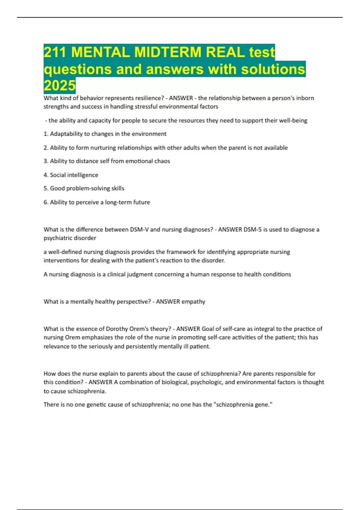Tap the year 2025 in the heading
coord(59,85)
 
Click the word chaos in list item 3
coord(162,161)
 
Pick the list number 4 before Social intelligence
coord(46,175)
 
